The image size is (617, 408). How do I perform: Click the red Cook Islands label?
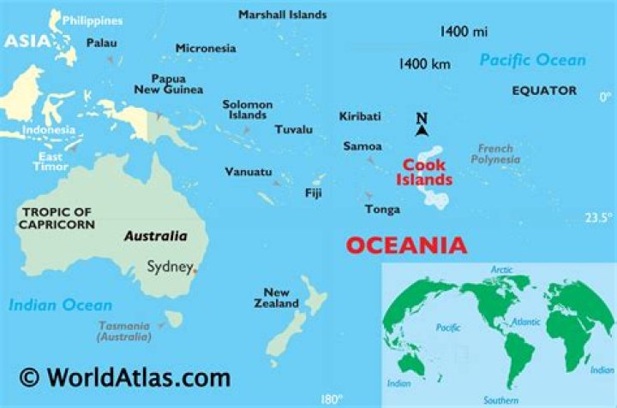pyautogui.click(x=423, y=173)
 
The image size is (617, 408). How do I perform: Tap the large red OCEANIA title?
pyautogui.click(x=406, y=245)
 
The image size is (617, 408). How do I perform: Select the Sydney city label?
pyautogui.click(x=170, y=267)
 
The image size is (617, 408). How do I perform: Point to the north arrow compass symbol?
pyautogui.click(x=421, y=125)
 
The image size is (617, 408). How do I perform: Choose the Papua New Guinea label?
pyautogui.click(x=169, y=84)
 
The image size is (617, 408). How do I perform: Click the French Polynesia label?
pyautogui.click(x=496, y=154)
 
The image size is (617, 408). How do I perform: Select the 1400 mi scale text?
pyautogui.click(x=464, y=32)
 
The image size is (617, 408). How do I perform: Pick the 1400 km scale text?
pyautogui.click(x=425, y=63)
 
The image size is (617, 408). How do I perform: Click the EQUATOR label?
pyautogui.click(x=544, y=90)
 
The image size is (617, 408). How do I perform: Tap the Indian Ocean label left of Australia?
pyautogui.click(x=61, y=305)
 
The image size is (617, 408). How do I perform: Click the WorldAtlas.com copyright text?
pyautogui.click(x=126, y=377)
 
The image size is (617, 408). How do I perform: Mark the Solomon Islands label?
pyautogui.click(x=247, y=109)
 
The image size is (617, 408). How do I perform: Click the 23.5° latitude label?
pyautogui.click(x=599, y=218)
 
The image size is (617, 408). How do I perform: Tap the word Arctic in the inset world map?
pyautogui.click(x=501, y=270)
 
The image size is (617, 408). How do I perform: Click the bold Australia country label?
pyautogui.click(x=154, y=236)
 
